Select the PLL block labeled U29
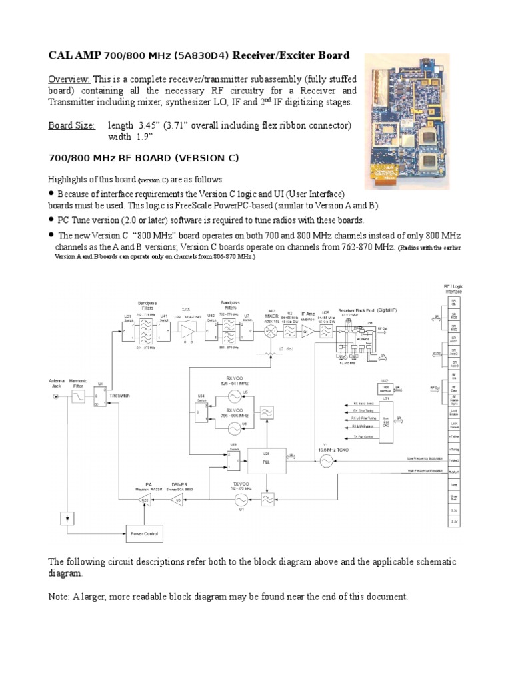(265, 459)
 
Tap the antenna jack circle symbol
(55, 396)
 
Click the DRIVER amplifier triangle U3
(179, 500)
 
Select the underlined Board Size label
(72, 125)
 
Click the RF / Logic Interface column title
(453, 288)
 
